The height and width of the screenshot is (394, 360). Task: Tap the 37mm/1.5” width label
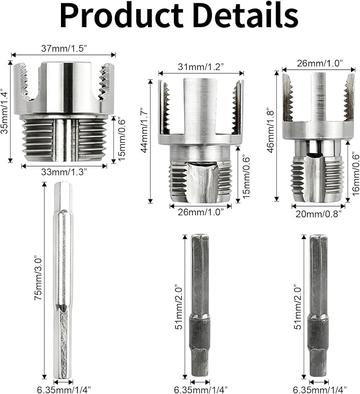click(x=64, y=48)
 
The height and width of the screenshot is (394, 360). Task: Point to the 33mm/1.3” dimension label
click(x=64, y=172)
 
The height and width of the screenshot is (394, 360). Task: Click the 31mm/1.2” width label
click(x=201, y=67)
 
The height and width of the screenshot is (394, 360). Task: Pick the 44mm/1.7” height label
click(x=145, y=130)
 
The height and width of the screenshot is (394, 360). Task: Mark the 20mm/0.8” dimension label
click(x=318, y=214)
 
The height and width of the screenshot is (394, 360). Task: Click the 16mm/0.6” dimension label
click(x=355, y=173)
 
